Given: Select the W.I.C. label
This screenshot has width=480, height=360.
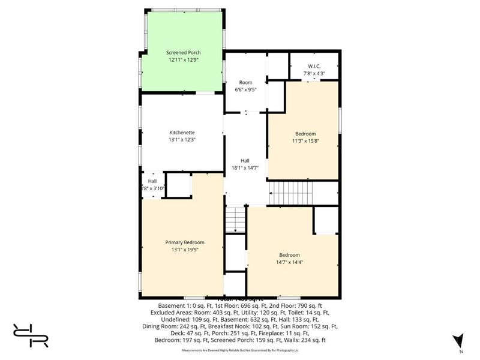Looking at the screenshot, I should pos(314,67).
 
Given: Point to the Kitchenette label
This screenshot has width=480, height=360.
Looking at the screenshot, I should pos(182,133).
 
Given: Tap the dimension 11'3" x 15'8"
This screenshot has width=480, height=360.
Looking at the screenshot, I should pos(305,141).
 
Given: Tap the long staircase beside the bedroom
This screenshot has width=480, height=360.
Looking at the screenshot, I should pos(290,193).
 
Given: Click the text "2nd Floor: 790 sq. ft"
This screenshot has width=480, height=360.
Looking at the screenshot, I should pos(307,305).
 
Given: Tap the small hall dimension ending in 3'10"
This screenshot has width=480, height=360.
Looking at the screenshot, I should pos(152,188).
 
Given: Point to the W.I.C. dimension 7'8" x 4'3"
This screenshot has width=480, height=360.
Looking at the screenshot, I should pos(314,74).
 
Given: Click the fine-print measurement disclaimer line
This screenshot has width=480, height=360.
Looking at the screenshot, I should pos(241,348).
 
